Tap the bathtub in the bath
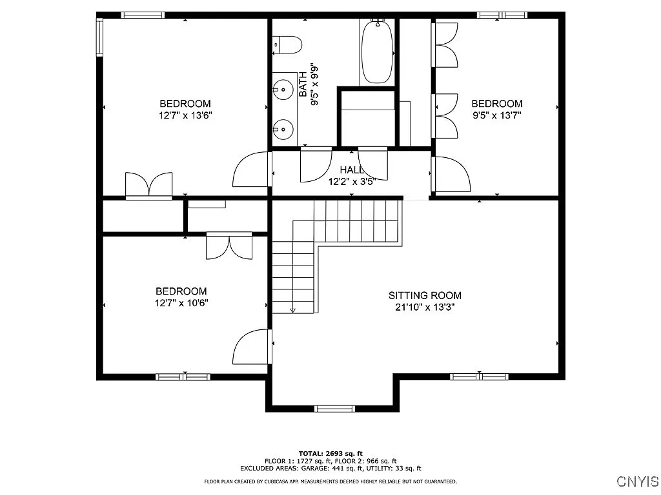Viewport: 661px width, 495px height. (x=377, y=51)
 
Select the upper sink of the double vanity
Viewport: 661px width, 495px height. (x=283, y=89)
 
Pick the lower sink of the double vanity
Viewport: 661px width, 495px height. (x=283, y=129)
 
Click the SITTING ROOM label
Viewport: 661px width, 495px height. (x=425, y=295)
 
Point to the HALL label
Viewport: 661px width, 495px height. (x=352, y=170)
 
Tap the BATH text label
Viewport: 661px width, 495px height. (x=303, y=84)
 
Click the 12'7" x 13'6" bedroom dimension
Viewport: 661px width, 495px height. (x=185, y=115)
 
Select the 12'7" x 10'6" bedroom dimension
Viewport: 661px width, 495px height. (x=181, y=303)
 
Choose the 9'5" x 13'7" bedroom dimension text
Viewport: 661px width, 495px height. (x=497, y=115)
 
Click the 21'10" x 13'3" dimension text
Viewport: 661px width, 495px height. (x=425, y=307)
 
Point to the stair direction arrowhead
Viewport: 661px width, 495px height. (x=293, y=311)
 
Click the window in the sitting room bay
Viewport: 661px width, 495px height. (x=335, y=408)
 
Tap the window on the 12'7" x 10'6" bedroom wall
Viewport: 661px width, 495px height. (x=183, y=376)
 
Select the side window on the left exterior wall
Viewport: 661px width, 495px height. (x=99, y=37)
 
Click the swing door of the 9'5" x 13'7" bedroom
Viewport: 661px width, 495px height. (x=450, y=174)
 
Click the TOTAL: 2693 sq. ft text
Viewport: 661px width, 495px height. (x=330, y=453)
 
